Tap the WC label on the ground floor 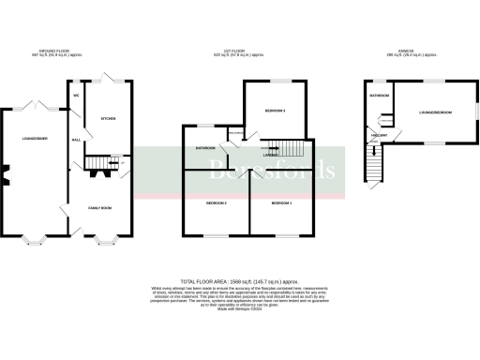pos(75,96)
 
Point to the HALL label pos(75,140)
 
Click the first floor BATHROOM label pos(205,148)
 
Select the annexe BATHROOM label pos(379,96)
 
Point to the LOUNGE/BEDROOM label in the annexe pos(434,112)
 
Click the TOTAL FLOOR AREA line pos(240,280)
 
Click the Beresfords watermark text pos(272,171)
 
